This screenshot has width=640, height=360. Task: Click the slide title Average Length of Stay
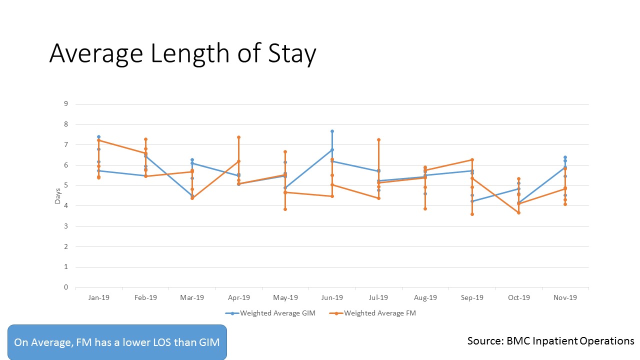[182, 54]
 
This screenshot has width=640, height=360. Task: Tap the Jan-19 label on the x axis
[99, 297]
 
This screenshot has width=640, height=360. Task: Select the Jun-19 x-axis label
[332, 297]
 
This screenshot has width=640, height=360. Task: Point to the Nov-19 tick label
[565, 297]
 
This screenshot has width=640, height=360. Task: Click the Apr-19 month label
[239, 297]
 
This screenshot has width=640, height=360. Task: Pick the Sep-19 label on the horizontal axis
[472, 297]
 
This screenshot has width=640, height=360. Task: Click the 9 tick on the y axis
[65, 104]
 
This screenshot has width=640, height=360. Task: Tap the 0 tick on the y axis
[65, 287]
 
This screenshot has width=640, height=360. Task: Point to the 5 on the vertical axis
[65, 185]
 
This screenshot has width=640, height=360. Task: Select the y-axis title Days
[58, 195]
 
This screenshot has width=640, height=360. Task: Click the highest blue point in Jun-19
[332, 131]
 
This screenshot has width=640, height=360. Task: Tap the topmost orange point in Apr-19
[238, 137]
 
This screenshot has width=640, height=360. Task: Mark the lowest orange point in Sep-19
[472, 214]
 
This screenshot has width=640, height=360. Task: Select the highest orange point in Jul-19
[378, 139]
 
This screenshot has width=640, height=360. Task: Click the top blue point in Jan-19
[98, 136]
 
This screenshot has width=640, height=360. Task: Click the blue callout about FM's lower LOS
[117, 342]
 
